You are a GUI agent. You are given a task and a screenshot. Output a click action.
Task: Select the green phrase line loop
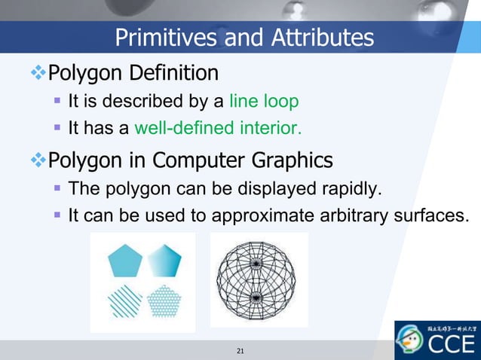264,101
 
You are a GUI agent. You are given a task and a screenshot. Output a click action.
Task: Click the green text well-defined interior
218,128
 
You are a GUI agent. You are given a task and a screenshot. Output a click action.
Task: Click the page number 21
240,351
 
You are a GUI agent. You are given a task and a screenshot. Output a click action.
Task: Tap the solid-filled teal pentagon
124,261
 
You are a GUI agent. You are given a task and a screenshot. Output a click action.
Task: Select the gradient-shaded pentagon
165,261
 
